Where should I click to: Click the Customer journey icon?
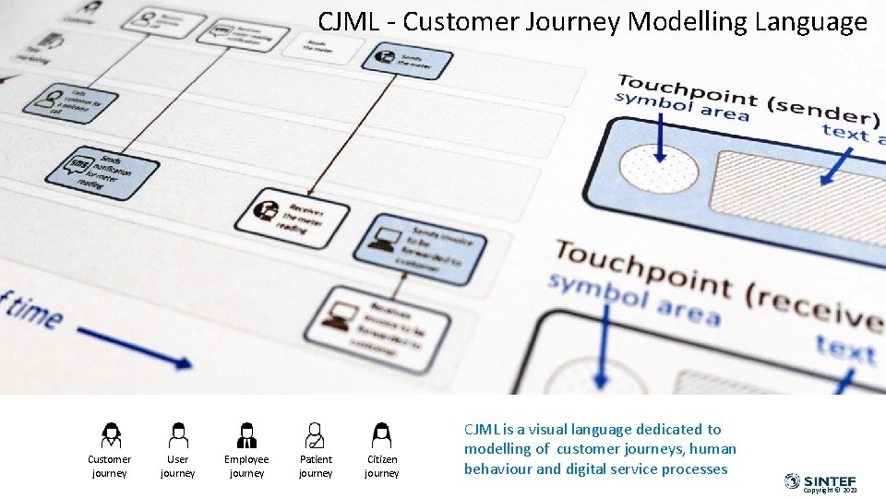111,434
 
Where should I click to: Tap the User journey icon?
178,434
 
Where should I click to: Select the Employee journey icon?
246,434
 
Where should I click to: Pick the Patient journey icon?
315,434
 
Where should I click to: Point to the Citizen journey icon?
381,434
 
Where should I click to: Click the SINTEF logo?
820,480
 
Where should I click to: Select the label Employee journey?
246,466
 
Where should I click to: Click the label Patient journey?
316,466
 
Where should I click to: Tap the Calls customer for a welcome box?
65,101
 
